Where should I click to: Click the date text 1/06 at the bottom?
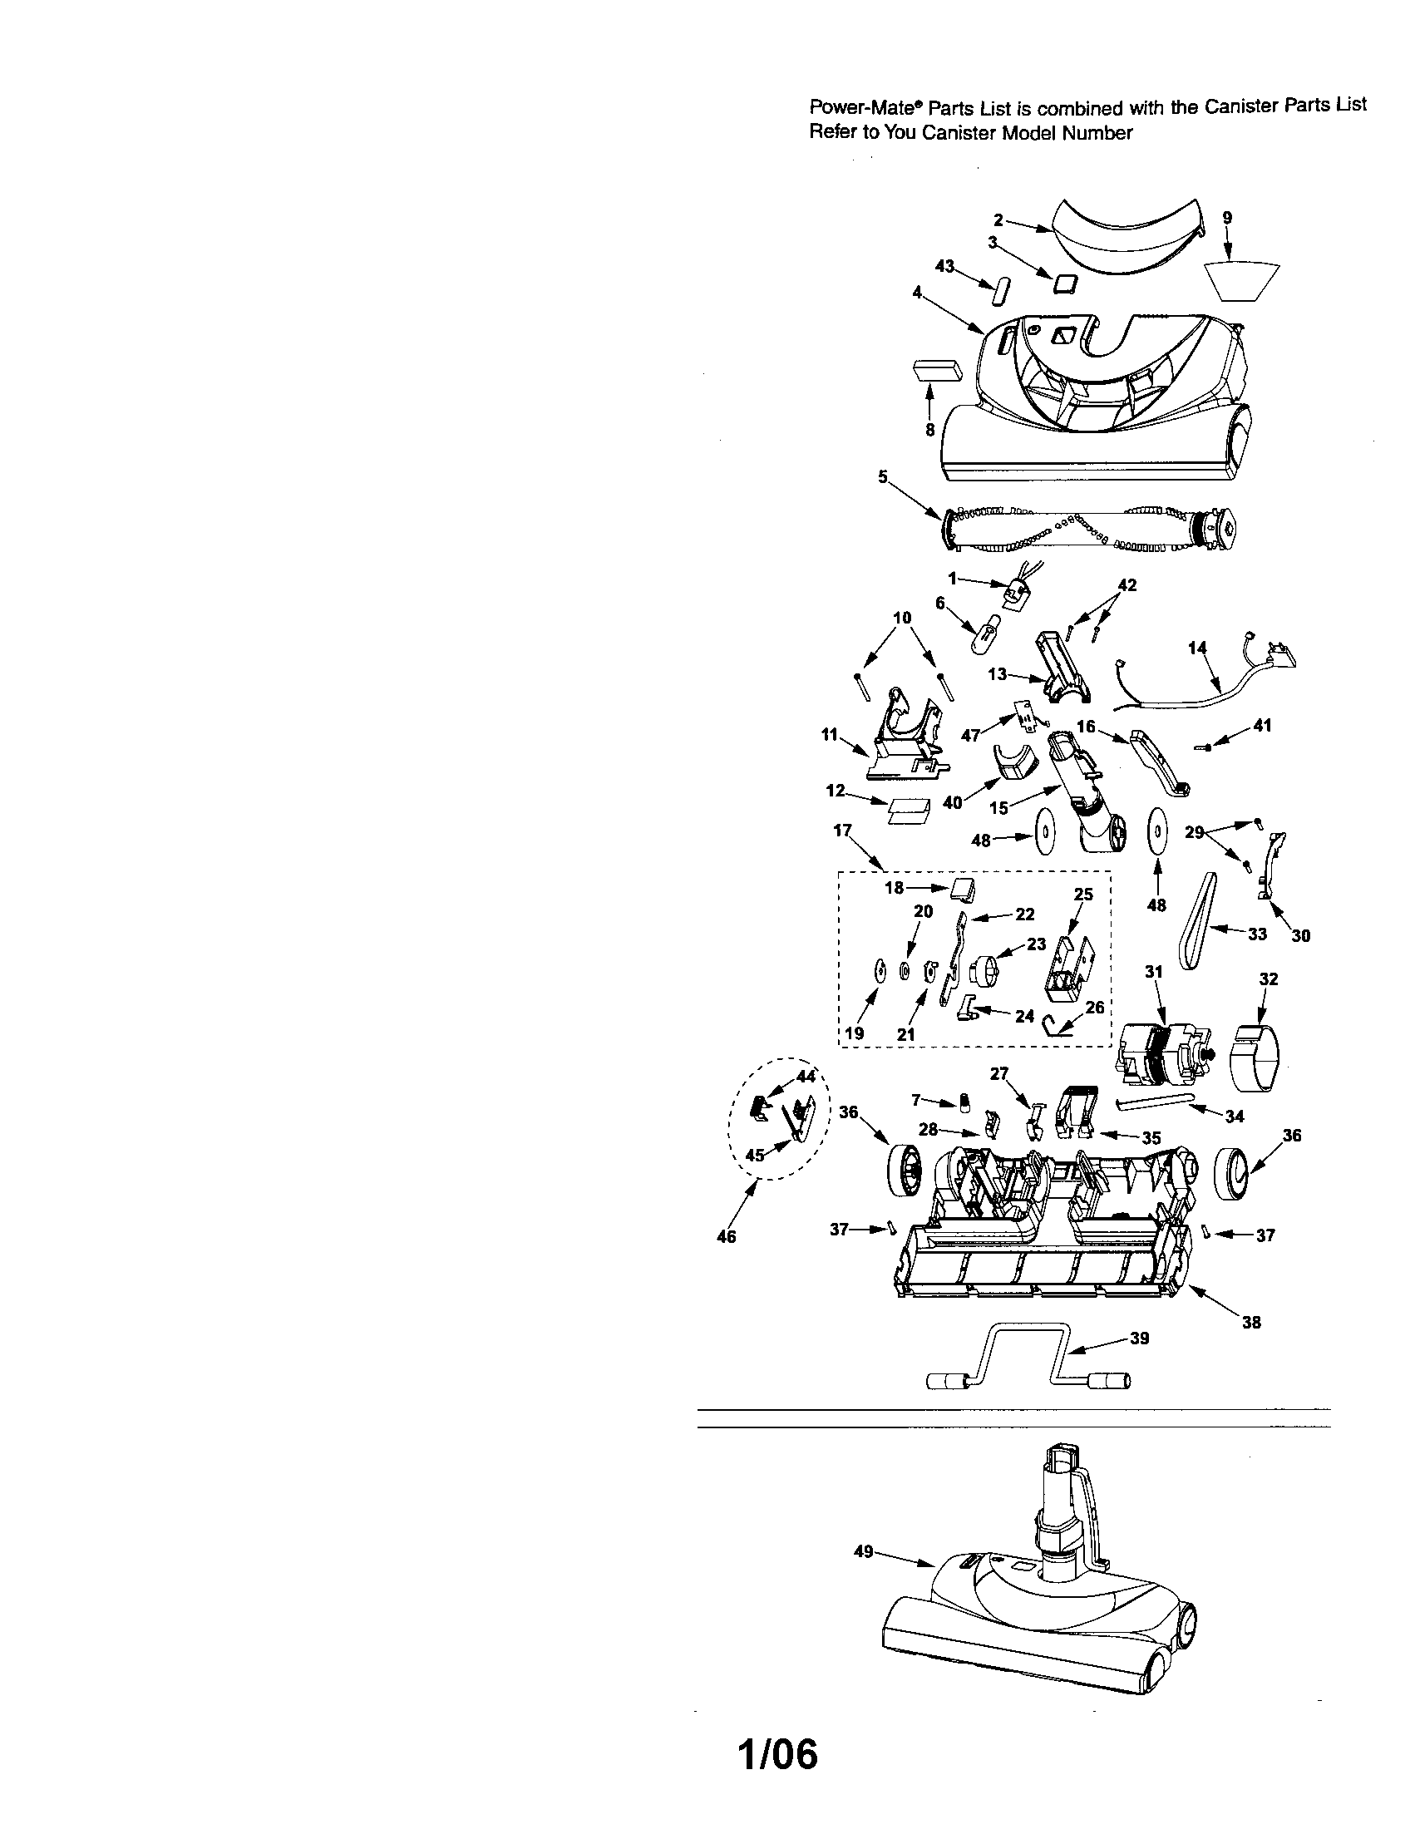pyautogui.click(x=778, y=1756)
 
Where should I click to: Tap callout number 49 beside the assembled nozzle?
pyautogui.click(x=863, y=1552)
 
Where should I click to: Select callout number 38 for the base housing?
pyautogui.click(x=1251, y=1323)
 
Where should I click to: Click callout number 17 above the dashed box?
pyautogui.click(x=842, y=830)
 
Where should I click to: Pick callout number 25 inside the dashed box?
pyautogui.click(x=1083, y=895)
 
